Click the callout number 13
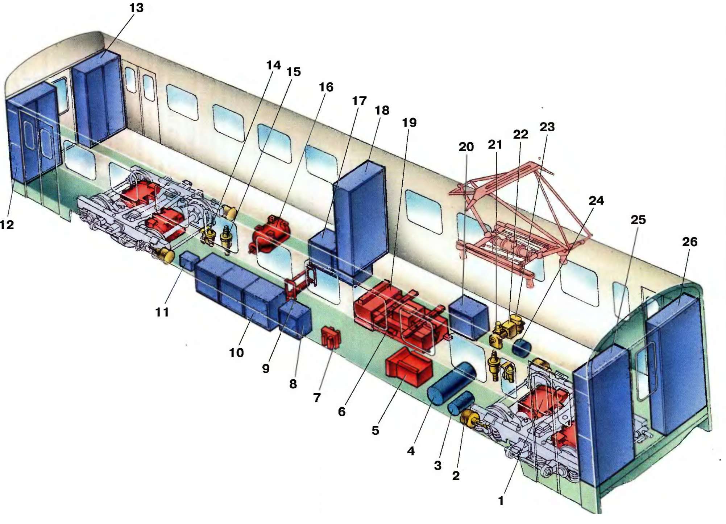point(136,8)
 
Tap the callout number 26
point(689,242)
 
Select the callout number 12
point(7,225)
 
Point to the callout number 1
point(501,501)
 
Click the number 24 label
point(596,201)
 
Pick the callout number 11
point(162,312)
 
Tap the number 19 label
point(409,123)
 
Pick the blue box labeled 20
point(469,317)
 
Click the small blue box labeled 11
point(189,260)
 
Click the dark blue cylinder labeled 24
point(521,347)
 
